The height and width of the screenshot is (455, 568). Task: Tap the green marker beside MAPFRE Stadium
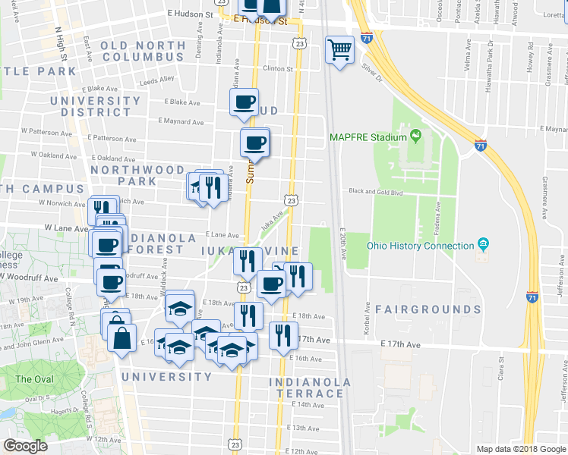click(415, 136)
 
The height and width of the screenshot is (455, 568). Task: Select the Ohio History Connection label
click(421, 246)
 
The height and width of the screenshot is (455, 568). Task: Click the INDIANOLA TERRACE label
click(310, 388)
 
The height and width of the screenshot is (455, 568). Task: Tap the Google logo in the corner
click(25, 445)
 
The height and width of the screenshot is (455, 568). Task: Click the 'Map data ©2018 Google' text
click(520, 449)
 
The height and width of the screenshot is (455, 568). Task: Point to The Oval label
click(34, 378)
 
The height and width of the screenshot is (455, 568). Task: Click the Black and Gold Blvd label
click(376, 193)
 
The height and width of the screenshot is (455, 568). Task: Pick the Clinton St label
click(278, 69)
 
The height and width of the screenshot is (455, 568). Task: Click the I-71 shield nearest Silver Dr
click(368, 36)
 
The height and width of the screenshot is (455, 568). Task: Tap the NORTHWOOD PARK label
click(137, 176)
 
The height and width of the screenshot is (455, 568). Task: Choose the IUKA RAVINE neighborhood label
click(248, 249)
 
